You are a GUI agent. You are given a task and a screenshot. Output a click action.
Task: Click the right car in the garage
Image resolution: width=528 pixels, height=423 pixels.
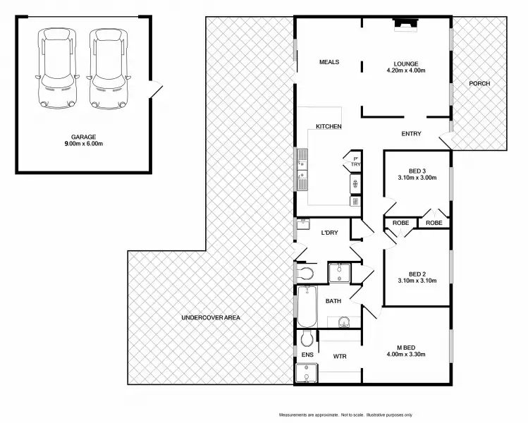[x=106, y=68]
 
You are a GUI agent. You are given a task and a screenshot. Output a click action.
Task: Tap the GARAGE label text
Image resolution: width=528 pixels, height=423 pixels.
[x=83, y=137]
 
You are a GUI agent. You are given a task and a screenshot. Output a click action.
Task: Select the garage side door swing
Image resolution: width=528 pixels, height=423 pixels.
[x=157, y=91]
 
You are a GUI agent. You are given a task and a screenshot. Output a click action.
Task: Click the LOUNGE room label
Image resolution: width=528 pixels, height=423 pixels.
[x=406, y=62]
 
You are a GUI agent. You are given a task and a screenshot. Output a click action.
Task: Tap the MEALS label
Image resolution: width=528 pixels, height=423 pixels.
[x=329, y=62]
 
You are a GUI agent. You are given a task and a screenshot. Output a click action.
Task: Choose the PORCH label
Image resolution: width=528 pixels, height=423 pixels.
[x=479, y=84]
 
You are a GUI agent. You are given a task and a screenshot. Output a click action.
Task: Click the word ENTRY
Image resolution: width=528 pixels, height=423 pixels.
[x=411, y=134]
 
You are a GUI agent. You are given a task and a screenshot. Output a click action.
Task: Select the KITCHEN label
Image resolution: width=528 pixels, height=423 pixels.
[x=329, y=127]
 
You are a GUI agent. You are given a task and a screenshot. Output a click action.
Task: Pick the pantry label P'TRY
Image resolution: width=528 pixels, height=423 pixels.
[x=356, y=161]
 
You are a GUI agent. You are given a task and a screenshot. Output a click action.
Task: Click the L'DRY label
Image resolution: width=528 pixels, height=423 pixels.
[x=330, y=233]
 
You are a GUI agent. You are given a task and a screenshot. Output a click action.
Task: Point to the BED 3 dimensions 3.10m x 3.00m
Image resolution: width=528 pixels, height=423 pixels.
[x=417, y=178]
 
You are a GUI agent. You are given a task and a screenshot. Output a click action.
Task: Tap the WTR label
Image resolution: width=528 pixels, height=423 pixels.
[x=340, y=357]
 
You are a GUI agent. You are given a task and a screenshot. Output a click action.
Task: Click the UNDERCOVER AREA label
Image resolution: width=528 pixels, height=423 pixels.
[x=211, y=318]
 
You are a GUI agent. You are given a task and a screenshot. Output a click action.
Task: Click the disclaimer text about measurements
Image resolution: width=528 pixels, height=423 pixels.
[x=345, y=415]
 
